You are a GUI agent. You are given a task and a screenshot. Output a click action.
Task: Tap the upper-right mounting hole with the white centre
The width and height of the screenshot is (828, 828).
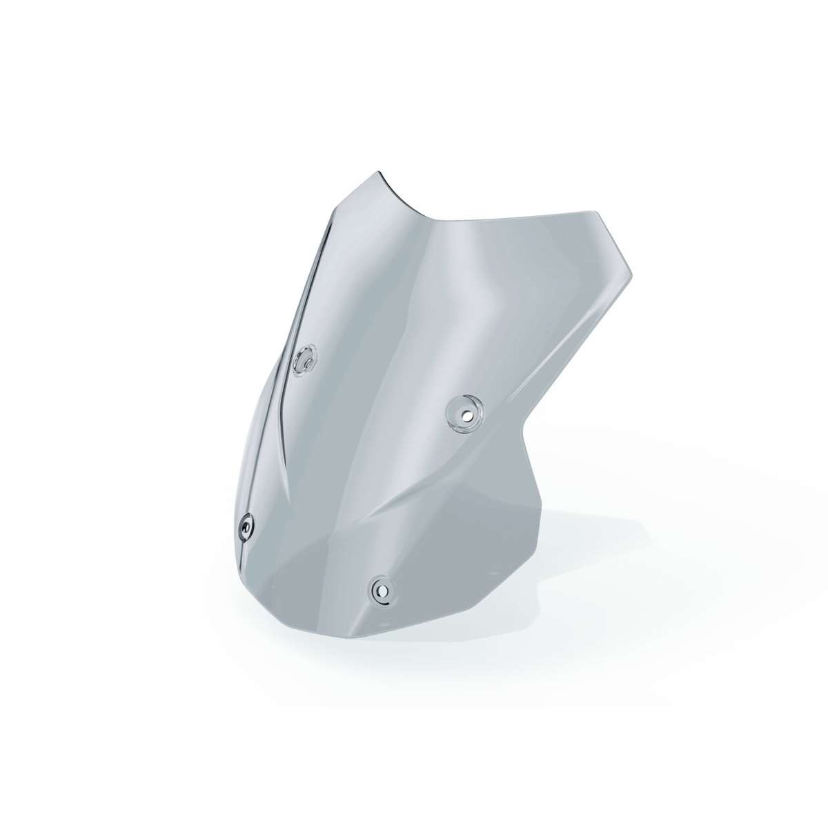(x=466, y=414)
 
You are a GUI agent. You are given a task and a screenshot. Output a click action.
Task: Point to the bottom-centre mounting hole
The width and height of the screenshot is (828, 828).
(x=381, y=589)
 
